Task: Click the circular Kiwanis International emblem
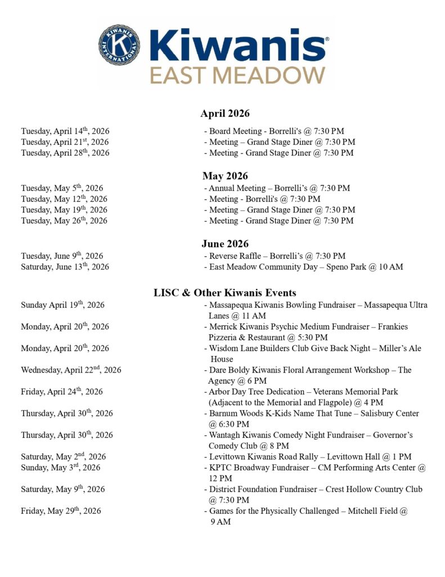tap(120, 44)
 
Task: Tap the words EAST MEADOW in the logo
tap(237, 75)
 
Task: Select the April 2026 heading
tap(225, 114)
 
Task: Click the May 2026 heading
tap(225, 176)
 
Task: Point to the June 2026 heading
tap(225, 244)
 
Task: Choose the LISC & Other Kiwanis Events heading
tap(225, 292)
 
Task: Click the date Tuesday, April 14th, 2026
tap(65, 131)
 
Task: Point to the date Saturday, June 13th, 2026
tap(65, 267)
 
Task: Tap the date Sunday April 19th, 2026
tap(62, 305)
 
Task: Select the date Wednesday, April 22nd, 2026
tap(71, 370)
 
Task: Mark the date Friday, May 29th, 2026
tap(61, 511)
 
